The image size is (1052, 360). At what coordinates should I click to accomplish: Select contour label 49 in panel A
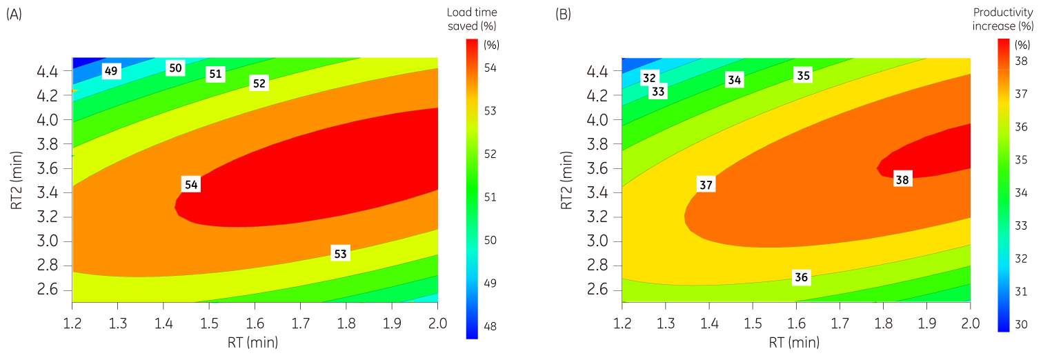pos(112,70)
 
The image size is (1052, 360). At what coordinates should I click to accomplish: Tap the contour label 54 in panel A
pos(191,185)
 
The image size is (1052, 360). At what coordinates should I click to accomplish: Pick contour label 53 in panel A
pos(340,254)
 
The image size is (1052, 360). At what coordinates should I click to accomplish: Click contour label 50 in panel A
pos(175,68)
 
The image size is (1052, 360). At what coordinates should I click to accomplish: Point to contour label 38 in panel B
pos(902,180)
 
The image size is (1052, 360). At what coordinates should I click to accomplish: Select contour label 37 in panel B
pos(706,185)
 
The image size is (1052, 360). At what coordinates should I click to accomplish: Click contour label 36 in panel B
pos(801,277)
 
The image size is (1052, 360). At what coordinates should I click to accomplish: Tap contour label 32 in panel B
pos(649,77)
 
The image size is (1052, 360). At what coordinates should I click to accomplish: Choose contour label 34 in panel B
pos(735,80)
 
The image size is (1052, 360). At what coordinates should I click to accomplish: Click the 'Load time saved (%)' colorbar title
pos(472,19)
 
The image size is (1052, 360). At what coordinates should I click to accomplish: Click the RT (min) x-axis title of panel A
pos(255,341)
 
